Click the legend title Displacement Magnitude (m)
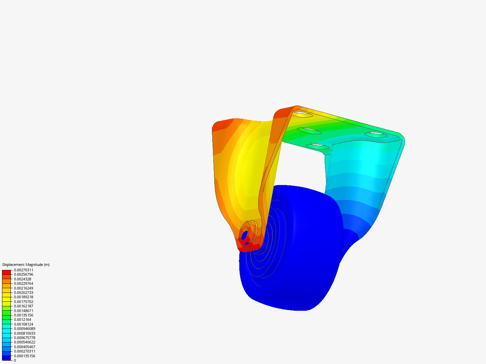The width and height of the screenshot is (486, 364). click(26, 265)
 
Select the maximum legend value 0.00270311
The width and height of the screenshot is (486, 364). click(24, 270)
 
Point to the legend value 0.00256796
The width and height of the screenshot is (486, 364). click(24, 274)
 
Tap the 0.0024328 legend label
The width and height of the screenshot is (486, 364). click(23, 279)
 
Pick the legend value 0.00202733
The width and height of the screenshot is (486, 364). click(24, 293)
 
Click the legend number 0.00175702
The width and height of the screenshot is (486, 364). click(24, 302)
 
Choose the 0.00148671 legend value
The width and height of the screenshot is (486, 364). click(24, 311)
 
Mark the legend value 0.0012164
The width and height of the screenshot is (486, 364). click(23, 320)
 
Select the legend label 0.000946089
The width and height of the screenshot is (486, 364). click(25, 329)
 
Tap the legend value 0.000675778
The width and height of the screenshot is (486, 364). click(25, 338)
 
